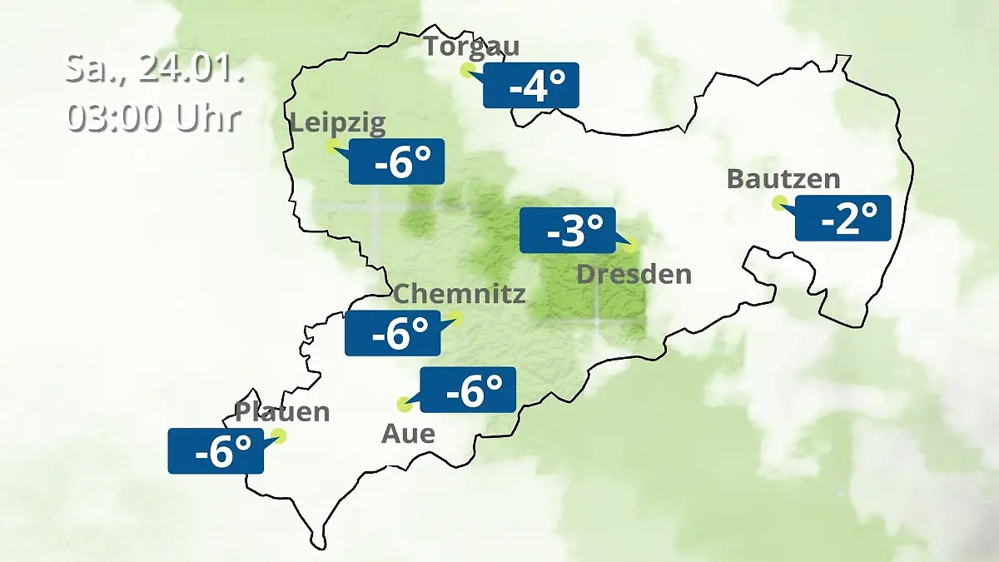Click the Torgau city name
pyautogui.click(x=471, y=46)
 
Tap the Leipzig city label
pyautogui.click(x=338, y=124)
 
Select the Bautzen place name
pyautogui.click(x=783, y=179)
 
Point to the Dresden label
pyautogui.click(x=634, y=274)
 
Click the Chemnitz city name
pyautogui.click(x=460, y=294)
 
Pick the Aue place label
pyautogui.click(x=408, y=434)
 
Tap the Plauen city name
pyautogui.click(x=282, y=412)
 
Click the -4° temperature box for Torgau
pyautogui.click(x=531, y=85)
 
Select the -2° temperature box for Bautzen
pyautogui.click(x=843, y=218)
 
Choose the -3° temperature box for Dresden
pyautogui.click(x=568, y=231)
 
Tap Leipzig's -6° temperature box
pyautogui.click(x=396, y=162)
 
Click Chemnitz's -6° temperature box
pyautogui.click(x=393, y=333)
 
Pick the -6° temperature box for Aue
pyautogui.click(x=468, y=390)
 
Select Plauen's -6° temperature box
pyautogui.click(x=216, y=451)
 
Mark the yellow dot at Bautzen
pyautogui.click(x=779, y=202)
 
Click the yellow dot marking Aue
pyautogui.click(x=405, y=405)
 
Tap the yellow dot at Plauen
pyautogui.click(x=279, y=435)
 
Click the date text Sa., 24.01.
pyautogui.click(x=155, y=68)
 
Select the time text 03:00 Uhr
pyautogui.click(x=155, y=117)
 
